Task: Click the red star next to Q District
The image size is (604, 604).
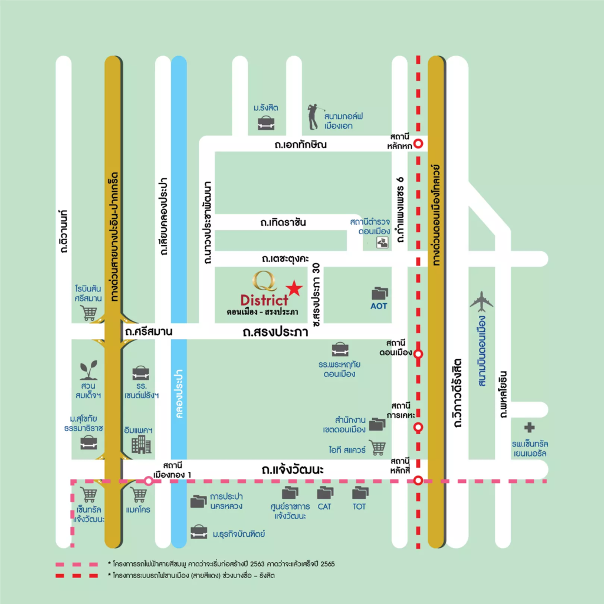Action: (295, 288)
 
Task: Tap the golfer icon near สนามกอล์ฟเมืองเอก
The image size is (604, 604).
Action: (313, 117)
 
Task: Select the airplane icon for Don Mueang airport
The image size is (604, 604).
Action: (481, 301)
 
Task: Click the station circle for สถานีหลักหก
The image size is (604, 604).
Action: (418, 143)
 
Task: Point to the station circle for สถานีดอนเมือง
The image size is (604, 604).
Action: (418, 354)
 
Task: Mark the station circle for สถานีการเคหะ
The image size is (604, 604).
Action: (418, 428)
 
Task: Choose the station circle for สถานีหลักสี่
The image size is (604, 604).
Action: (418, 481)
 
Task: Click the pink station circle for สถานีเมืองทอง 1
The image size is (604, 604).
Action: (149, 481)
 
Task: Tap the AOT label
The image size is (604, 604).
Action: (379, 307)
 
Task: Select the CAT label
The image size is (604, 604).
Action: (325, 506)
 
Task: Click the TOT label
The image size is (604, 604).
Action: (359, 506)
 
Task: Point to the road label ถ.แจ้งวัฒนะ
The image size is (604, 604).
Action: (294, 470)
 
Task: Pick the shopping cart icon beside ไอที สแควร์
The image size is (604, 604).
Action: (377, 448)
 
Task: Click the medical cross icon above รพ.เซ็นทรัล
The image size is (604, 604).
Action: (530, 428)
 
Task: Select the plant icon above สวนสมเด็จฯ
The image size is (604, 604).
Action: (88, 370)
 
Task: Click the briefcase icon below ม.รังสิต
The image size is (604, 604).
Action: (265, 123)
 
